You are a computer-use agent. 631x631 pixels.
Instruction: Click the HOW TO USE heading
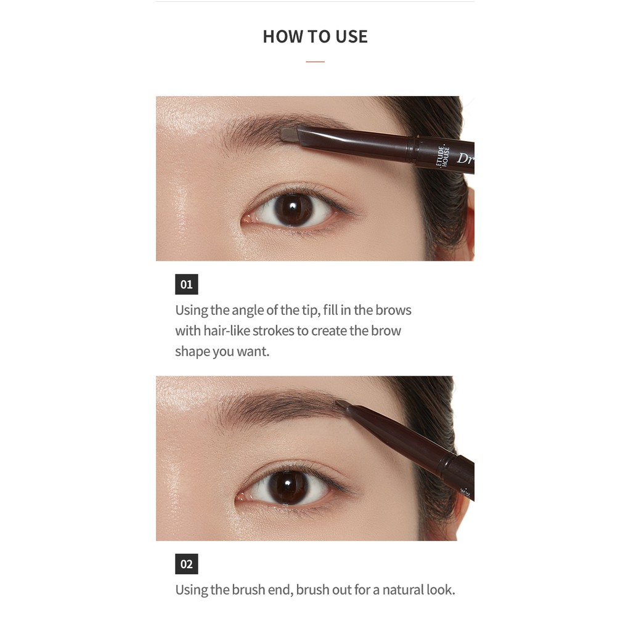click(315, 36)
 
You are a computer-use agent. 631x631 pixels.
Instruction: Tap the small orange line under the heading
click(315, 62)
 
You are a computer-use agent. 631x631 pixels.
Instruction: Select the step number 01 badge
click(186, 284)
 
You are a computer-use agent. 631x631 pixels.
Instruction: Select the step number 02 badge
click(186, 564)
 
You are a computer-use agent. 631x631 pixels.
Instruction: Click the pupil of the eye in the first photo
click(294, 209)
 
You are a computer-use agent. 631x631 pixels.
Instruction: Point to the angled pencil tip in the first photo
click(289, 133)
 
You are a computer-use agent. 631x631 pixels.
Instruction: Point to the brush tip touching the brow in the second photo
click(343, 404)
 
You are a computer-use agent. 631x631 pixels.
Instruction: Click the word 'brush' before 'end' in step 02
click(248, 590)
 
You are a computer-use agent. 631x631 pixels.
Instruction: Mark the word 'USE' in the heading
click(351, 36)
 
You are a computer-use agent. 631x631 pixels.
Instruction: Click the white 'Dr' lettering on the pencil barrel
click(465, 158)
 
